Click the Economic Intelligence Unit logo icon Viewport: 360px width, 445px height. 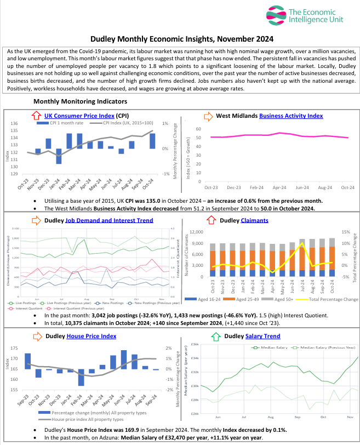pos(274,16)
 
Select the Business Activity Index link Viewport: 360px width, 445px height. pos(291,116)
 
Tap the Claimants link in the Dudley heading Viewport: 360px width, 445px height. pos(254,220)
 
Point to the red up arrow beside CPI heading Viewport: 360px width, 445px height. pos(36,116)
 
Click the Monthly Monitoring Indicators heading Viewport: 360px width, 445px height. pos(80,101)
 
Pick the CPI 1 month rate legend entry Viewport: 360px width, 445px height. pos(68,123)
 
